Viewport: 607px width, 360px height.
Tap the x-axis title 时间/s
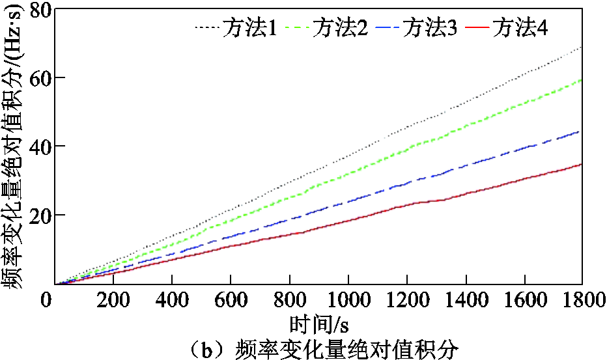click(x=316, y=324)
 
